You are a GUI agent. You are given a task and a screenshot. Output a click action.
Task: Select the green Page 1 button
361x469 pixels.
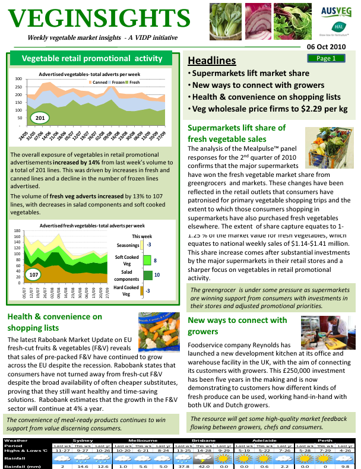click(x=326, y=58)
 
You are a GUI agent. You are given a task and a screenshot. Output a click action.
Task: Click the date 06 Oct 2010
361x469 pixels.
click(x=325, y=46)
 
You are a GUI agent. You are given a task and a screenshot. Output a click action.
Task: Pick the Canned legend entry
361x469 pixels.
click(x=99, y=82)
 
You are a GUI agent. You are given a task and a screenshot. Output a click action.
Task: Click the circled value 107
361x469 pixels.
click(x=34, y=275)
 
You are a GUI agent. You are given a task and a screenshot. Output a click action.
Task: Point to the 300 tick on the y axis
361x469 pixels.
click(x=18, y=79)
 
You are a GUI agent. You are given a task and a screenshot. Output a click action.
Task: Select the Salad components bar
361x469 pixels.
click(x=148, y=275)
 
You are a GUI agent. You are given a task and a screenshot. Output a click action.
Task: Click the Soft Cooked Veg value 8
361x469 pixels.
click(x=155, y=260)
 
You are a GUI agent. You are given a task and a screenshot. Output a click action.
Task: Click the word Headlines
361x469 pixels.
click(x=211, y=61)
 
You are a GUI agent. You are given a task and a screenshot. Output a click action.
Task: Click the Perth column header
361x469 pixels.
click(x=325, y=441)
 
